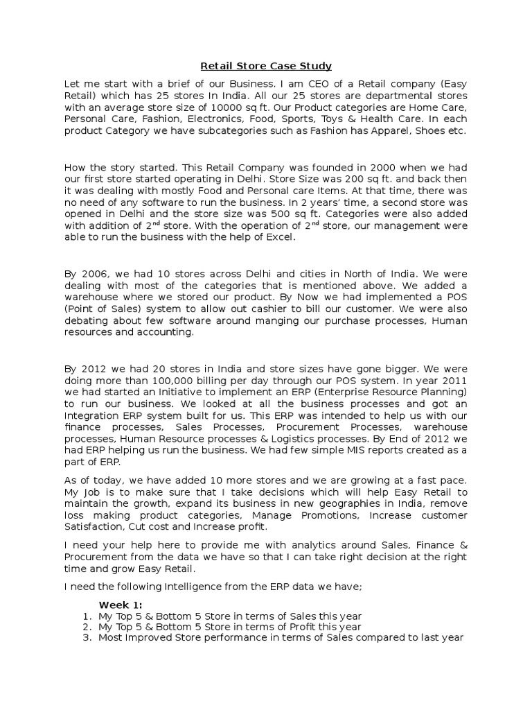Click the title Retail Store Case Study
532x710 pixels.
(x=266, y=67)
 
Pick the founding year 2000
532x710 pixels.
(x=364, y=167)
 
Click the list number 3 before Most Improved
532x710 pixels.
(x=87, y=638)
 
